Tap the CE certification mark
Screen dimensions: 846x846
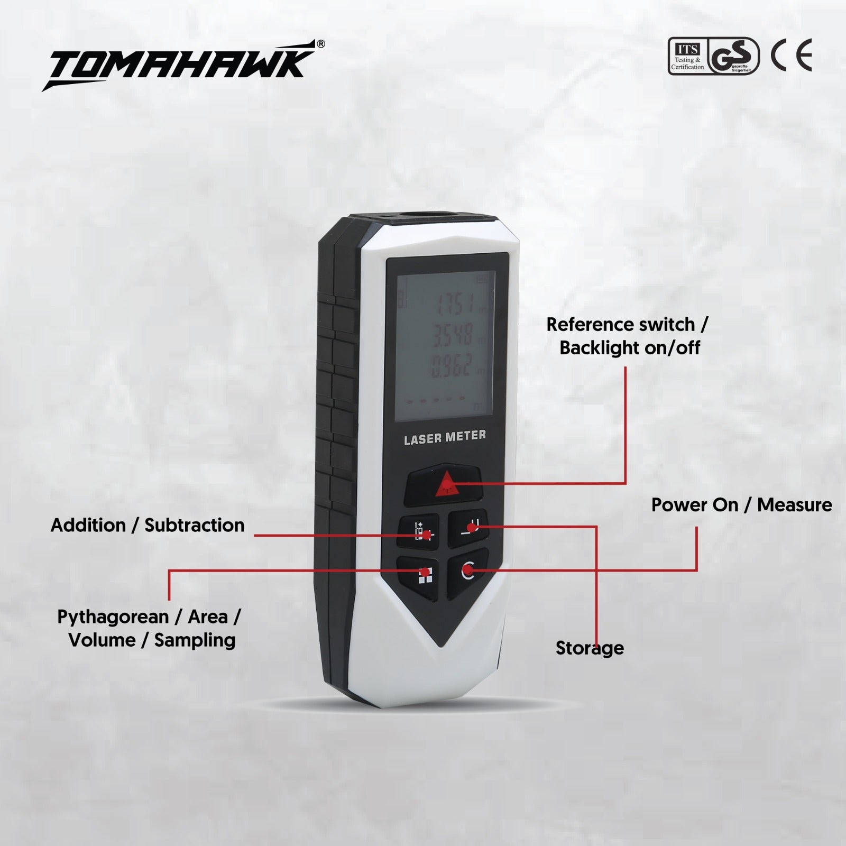[791, 56]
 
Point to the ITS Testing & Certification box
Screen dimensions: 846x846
[687, 57]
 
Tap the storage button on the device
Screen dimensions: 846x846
[468, 528]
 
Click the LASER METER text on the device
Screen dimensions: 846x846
[445, 437]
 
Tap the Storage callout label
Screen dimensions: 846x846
[590, 648]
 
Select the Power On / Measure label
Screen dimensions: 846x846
[741, 505]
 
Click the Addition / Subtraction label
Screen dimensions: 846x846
[148, 525]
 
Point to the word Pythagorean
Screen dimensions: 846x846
[113, 617]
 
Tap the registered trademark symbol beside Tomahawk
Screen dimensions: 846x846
[320, 44]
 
